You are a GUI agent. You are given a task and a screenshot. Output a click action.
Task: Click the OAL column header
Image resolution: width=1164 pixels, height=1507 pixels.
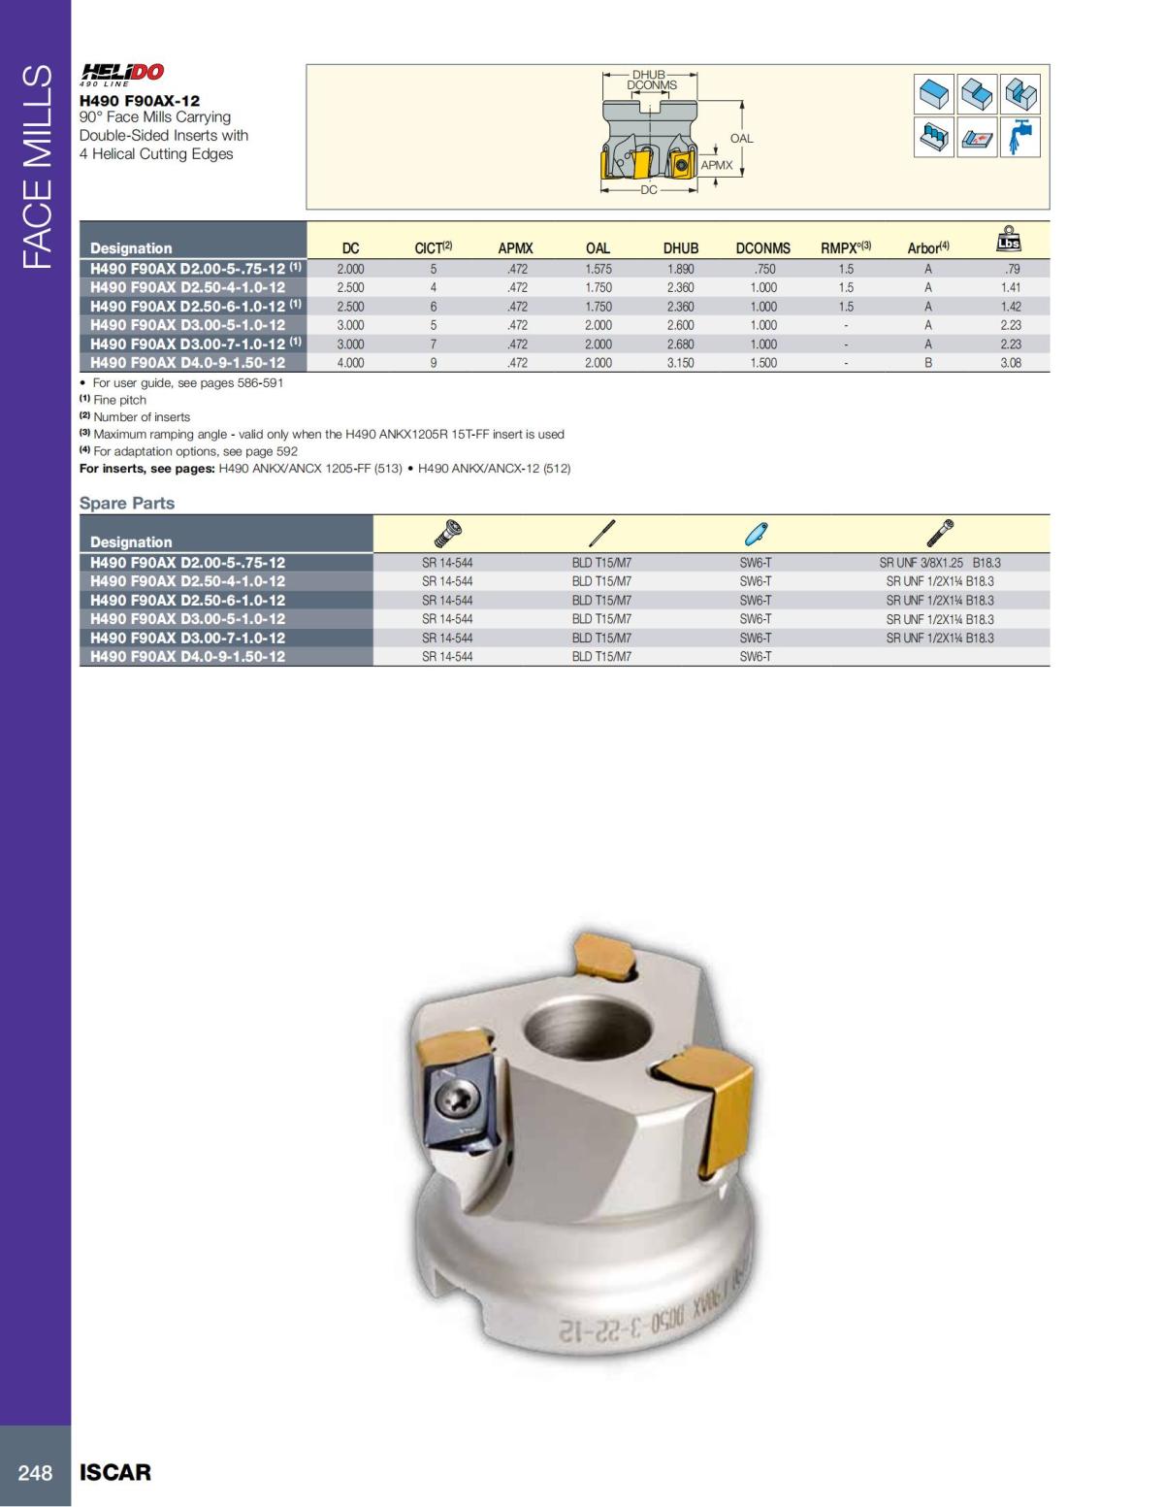[x=598, y=248]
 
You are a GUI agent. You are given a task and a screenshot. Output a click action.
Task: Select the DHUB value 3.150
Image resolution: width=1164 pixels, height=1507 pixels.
[x=680, y=363]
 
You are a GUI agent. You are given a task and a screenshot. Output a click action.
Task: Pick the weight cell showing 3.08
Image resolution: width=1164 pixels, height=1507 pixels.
[x=1011, y=363]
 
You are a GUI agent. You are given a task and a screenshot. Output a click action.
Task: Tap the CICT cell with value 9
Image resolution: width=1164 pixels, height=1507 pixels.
[x=434, y=363]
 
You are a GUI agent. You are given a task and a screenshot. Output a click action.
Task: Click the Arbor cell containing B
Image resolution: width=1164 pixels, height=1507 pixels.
[x=928, y=363]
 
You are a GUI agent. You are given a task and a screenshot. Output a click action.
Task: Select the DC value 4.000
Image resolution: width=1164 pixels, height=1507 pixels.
[x=350, y=363]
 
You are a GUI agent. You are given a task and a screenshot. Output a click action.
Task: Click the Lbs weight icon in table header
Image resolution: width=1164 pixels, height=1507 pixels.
[x=1009, y=239]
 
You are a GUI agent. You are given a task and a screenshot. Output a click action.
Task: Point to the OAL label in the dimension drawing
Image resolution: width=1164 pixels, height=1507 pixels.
[x=741, y=139]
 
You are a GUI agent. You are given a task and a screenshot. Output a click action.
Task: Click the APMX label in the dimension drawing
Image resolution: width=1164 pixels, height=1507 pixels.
[x=717, y=166]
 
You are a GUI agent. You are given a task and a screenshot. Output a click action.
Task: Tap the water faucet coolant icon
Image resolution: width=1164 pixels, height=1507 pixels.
[x=1019, y=137]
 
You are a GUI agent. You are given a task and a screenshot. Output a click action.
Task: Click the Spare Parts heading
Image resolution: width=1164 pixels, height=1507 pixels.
[x=127, y=503]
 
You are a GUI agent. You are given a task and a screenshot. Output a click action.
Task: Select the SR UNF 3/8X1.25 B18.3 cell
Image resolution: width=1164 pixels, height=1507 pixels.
[x=939, y=563]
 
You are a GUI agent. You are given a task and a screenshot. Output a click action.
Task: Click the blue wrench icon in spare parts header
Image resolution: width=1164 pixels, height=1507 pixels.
[x=756, y=533]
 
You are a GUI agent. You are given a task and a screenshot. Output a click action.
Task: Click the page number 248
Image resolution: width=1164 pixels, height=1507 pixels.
[x=35, y=1473]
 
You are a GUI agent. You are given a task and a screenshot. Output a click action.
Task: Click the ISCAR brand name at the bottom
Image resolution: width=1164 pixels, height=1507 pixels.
[x=115, y=1473]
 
